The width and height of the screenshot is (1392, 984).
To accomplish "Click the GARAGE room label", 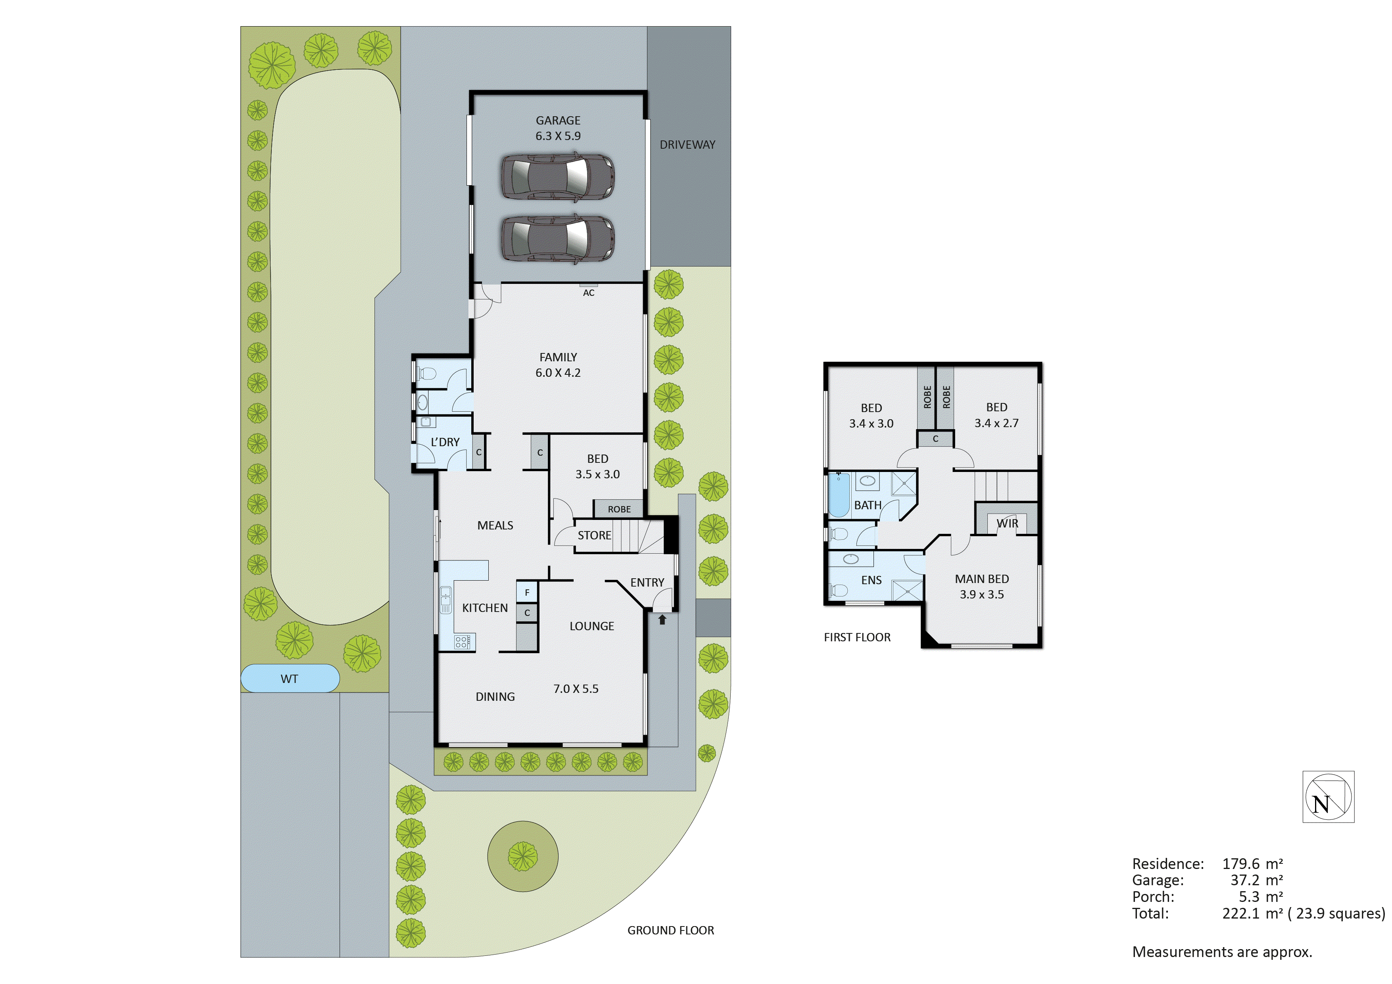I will click(557, 121).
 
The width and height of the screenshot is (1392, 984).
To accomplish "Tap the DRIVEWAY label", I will click(687, 145).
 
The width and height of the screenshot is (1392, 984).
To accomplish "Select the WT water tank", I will click(290, 679).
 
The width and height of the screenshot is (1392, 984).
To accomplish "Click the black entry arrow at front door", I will click(662, 620).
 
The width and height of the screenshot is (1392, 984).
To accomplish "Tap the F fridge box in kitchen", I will click(527, 592).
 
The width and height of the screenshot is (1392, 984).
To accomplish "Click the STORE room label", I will click(594, 535).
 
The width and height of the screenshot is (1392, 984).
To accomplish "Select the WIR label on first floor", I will click(1007, 523).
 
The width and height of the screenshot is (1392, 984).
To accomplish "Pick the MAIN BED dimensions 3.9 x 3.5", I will click(981, 595).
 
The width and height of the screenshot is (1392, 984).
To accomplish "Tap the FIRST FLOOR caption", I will click(857, 637).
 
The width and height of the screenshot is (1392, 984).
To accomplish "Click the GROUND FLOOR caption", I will click(670, 930).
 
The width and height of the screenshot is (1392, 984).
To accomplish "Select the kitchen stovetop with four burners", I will click(463, 641).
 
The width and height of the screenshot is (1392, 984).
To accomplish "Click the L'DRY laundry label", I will click(445, 442).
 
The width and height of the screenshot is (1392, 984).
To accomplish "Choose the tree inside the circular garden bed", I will click(522, 856).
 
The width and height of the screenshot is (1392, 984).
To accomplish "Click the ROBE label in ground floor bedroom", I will click(619, 509).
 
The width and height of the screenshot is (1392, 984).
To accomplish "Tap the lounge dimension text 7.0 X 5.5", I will click(575, 689).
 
